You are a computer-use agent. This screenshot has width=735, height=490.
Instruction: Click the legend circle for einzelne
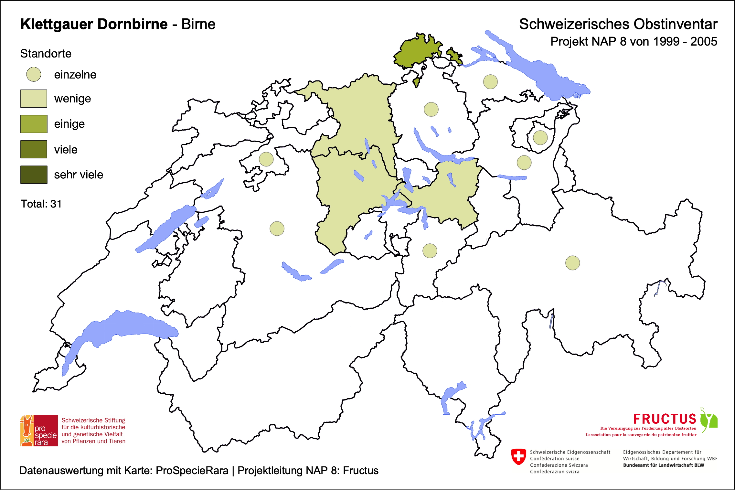(34, 74)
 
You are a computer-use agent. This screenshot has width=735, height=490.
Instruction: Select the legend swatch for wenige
(34, 99)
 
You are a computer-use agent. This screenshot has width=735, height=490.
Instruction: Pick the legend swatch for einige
(34, 124)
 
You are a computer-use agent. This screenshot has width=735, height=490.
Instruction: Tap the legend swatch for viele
(34, 149)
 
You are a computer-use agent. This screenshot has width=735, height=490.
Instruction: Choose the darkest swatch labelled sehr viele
(34, 175)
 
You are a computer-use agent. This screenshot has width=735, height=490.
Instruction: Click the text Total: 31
(41, 204)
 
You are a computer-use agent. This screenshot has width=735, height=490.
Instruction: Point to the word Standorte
(46, 54)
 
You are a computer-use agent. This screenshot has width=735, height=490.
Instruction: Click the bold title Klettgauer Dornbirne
(94, 24)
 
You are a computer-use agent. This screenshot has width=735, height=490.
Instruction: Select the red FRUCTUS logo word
(665, 419)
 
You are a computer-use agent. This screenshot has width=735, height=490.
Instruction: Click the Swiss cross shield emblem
(518, 456)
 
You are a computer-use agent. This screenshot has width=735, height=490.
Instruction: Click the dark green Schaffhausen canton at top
(417, 52)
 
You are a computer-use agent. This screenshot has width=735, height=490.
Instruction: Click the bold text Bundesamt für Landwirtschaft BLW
(663, 465)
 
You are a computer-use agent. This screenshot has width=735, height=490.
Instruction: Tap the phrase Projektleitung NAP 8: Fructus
(308, 471)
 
